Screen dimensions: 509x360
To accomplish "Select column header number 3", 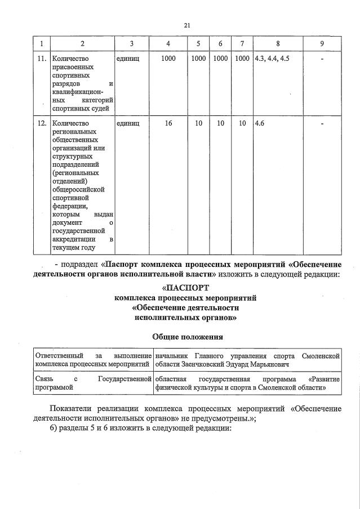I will pyautogui.click(x=131, y=44).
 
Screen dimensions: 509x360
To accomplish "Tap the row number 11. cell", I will pyautogui.click(x=41, y=59).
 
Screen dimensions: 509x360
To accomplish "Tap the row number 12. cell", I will pyautogui.click(x=41, y=123).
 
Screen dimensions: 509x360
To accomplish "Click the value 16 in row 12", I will pyautogui.click(x=168, y=123).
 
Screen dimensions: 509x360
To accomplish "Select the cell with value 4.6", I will pyautogui.click(x=260, y=123).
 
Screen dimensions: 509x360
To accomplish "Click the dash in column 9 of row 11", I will pyautogui.click(x=322, y=59).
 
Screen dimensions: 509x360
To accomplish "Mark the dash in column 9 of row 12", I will pyautogui.click(x=322, y=123).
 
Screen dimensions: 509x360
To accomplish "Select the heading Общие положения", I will pyautogui.click(x=187, y=337).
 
